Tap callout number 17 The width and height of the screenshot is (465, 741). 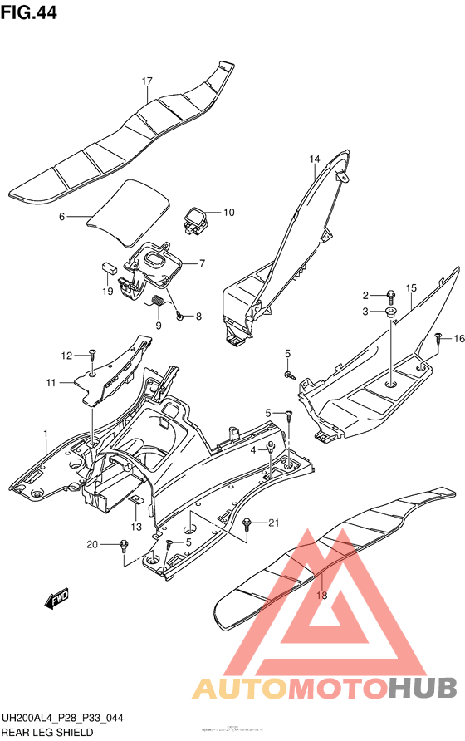click(x=147, y=81)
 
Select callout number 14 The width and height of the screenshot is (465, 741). click(x=315, y=159)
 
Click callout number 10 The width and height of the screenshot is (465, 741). click(x=228, y=213)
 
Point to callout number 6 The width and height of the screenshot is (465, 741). click(x=61, y=218)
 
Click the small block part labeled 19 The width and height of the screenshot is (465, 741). click(x=108, y=267)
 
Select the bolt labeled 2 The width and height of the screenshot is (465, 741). click(x=389, y=294)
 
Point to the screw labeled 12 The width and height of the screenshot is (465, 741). click(x=93, y=355)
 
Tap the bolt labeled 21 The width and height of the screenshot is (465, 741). click(x=247, y=523)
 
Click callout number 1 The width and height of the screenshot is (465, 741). click(x=46, y=432)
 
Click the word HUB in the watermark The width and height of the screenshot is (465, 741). click(x=423, y=687)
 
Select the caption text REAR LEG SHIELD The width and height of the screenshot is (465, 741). click(x=46, y=732)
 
